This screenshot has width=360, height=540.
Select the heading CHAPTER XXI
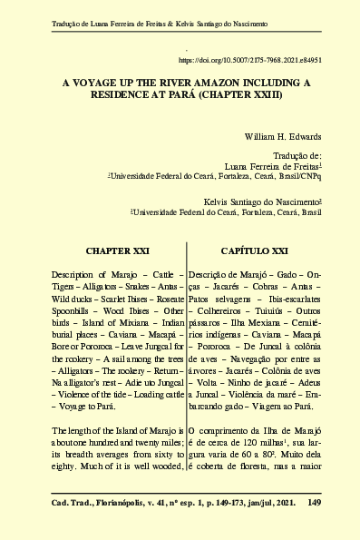coord(117,249)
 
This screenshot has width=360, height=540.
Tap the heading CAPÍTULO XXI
coord(255,249)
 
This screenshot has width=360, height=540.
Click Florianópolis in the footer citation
coord(122,500)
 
